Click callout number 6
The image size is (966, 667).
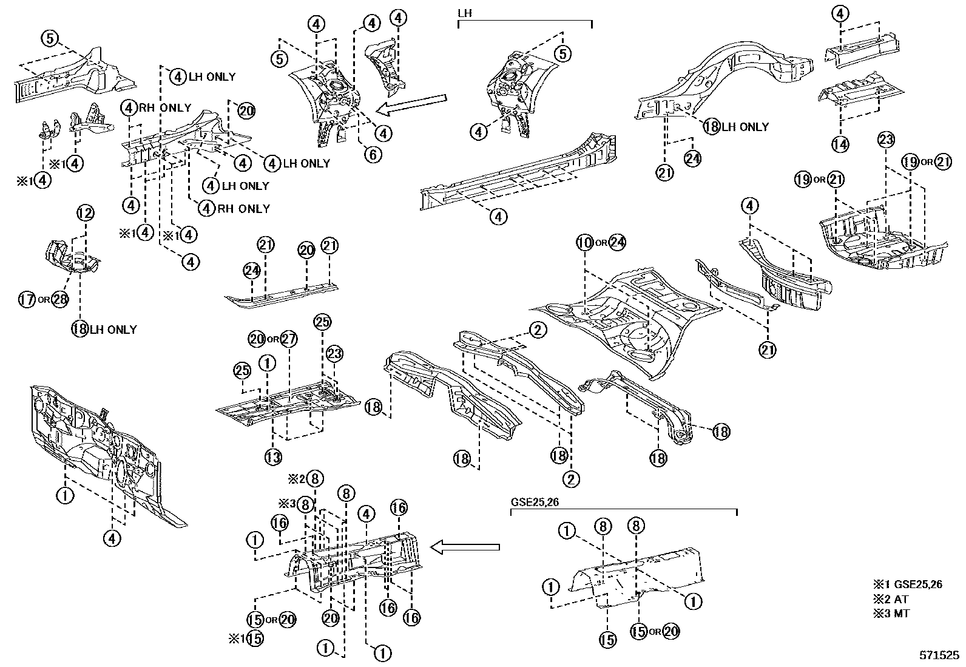click(373, 154)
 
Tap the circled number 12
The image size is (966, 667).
click(86, 213)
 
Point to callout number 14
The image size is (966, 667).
click(840, 144)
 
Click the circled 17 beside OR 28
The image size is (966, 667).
click(27, 299)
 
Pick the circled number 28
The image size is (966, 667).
click(59, 299)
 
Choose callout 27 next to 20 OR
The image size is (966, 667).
click(288, 338)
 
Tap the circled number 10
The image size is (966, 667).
click(584, 243)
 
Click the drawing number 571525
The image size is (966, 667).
click(939, 656)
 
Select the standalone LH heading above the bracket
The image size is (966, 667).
click(464, 12)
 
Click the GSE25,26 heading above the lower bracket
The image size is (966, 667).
click(532, 502)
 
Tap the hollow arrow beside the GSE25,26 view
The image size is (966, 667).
click(465, 548)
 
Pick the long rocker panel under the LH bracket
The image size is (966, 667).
click(516, 173)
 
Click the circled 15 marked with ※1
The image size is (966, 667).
click(255, 638)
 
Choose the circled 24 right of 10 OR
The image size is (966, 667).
click(617, 243)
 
